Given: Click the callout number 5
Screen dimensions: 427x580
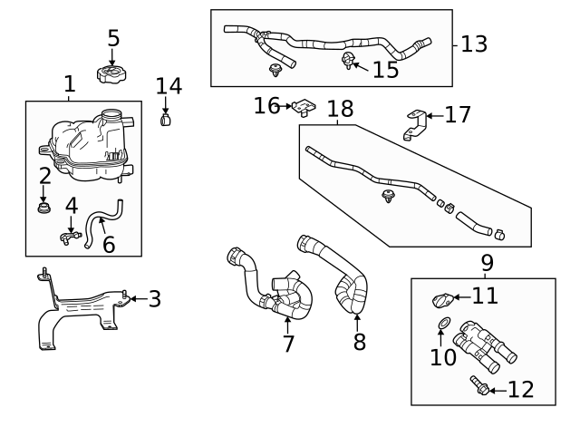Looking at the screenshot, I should pyautogui.click(x=113, y=38).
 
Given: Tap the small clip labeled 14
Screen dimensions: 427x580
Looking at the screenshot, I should pyautogui.click(x=166, y=119).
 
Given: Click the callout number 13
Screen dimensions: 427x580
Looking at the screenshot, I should pyautogui.click(x=473, y=44).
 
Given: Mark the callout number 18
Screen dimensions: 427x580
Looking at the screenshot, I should pyautogui.click(x=339, y=109).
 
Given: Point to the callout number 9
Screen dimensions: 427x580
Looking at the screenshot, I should pyautogui.click(x=487, y=263).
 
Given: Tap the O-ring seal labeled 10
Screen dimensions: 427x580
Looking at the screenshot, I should pyautogui.click(x=441, y=324).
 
